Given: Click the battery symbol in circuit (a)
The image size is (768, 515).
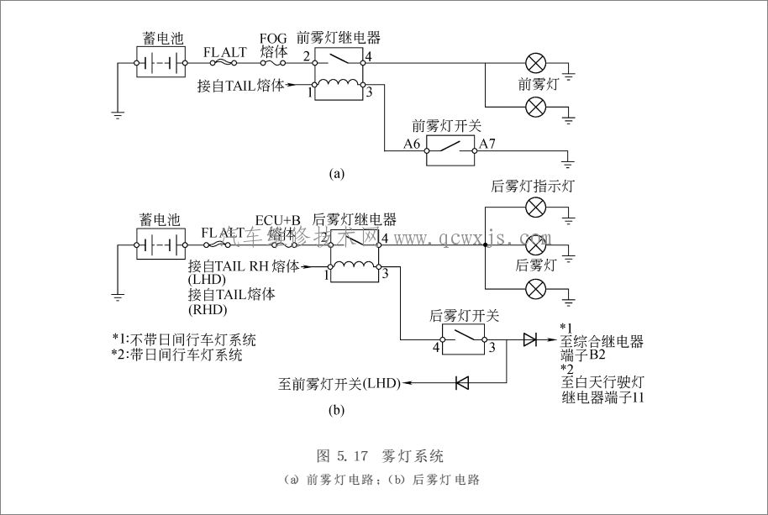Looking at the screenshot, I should point(160,61).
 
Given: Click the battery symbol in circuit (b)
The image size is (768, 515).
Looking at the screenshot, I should point(160,244).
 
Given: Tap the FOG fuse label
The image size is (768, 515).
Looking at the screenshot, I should point(272,45).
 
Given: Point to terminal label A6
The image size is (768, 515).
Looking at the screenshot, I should point(412,144).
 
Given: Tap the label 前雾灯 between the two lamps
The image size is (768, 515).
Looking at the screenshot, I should point(537,84).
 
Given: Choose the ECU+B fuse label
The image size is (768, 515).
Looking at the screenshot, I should point(277,220).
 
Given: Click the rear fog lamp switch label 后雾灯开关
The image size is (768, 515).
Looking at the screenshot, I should point(464,316).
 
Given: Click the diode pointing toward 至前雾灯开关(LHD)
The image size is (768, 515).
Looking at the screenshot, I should point(460,383).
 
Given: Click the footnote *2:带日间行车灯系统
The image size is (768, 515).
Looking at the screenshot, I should point(177,355).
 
